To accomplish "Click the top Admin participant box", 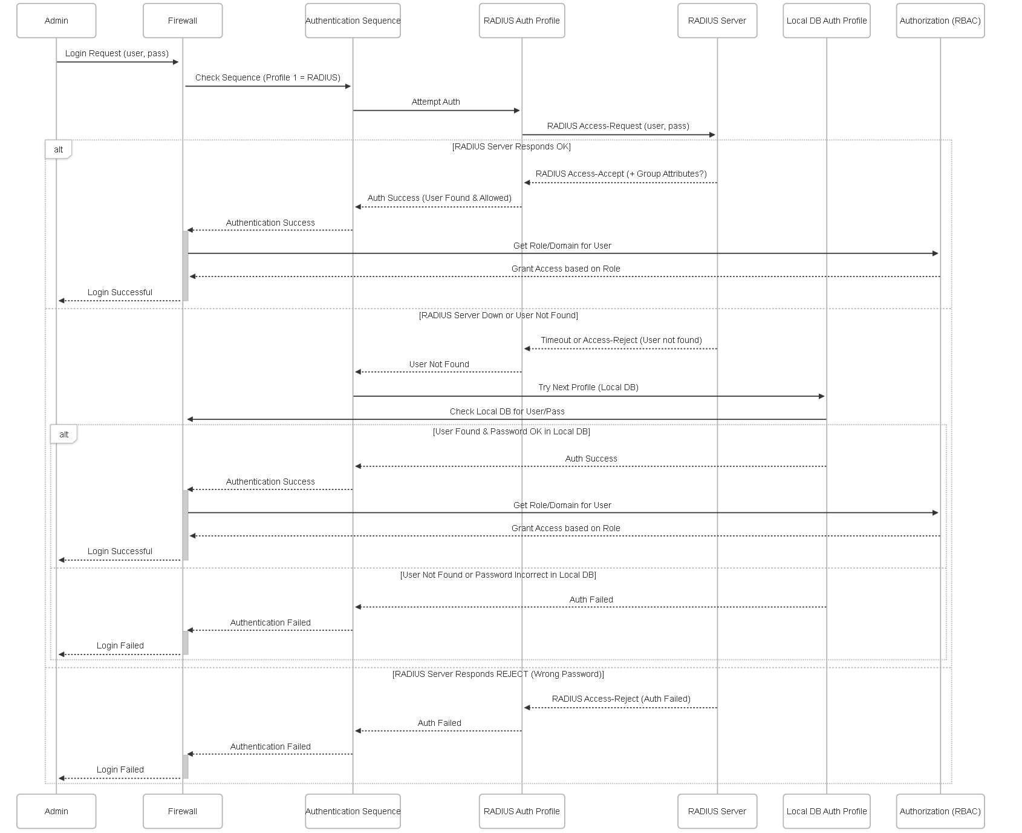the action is [56, 21].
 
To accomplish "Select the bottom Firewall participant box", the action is [183, 811].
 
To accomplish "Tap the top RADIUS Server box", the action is [717, 21].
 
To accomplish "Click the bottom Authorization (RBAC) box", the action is [940, 811].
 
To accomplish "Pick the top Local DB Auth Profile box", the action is [827, 21].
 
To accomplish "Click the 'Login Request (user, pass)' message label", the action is [117, 53].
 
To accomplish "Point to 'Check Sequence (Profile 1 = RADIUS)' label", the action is [268, 77].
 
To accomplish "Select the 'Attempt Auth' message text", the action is [436, 102].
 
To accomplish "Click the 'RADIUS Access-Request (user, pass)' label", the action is [618, 126].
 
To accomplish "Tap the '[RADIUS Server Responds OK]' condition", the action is [512, 146].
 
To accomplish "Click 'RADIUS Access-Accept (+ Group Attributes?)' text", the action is [621, 174].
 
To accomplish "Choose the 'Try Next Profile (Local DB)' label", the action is [588, 387].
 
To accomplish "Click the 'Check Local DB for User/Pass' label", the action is [507, 411].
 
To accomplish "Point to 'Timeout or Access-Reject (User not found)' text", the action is [621, 340].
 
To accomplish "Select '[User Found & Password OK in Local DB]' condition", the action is [512, 431].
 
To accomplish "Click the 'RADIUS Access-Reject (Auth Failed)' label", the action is [621, 699].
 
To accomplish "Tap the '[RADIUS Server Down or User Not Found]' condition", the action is [498, 315].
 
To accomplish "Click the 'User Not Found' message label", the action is [439, 364].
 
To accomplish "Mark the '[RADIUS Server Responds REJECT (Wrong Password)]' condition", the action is [498, 674].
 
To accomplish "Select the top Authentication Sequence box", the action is [353, 21].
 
